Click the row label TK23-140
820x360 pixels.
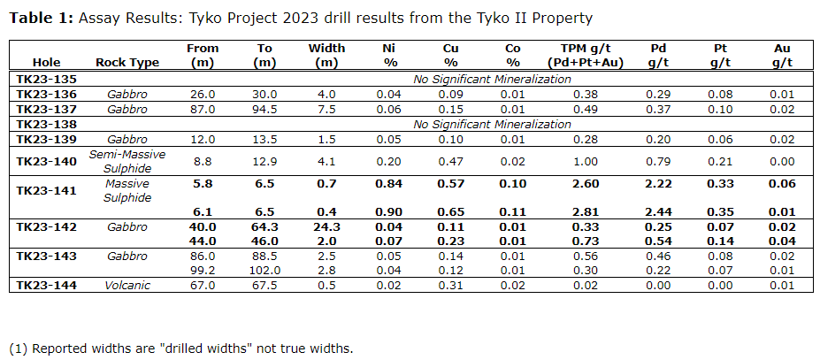tap(46, 162)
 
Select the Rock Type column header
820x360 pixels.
tap(127, 63)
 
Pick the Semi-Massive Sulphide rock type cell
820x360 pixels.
tap(127, 162)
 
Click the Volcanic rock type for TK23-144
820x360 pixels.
tap(127, 285)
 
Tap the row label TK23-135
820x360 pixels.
tap(46, 79)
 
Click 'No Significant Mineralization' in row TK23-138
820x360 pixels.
tap(493, 124)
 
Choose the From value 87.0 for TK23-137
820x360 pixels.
tap(203, 109)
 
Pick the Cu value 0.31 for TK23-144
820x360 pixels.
tap(450, 285)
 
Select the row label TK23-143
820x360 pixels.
tap(46, 256)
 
